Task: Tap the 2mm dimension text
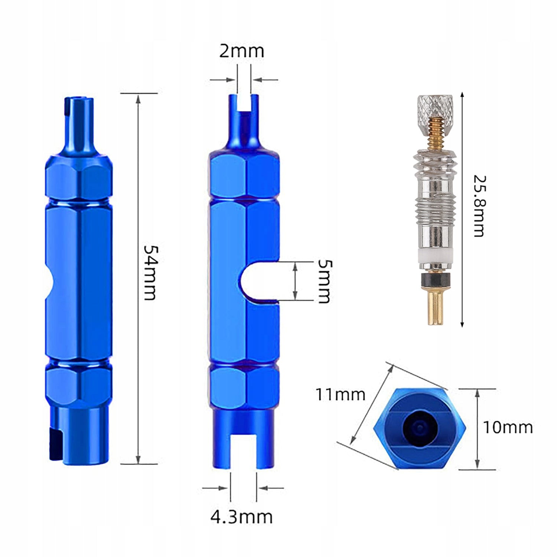pos(241,51)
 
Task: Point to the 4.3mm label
pos(241,517)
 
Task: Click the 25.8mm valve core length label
pos(479,206)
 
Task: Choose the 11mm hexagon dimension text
pos(340,394)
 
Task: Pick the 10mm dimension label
pos(508,427)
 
